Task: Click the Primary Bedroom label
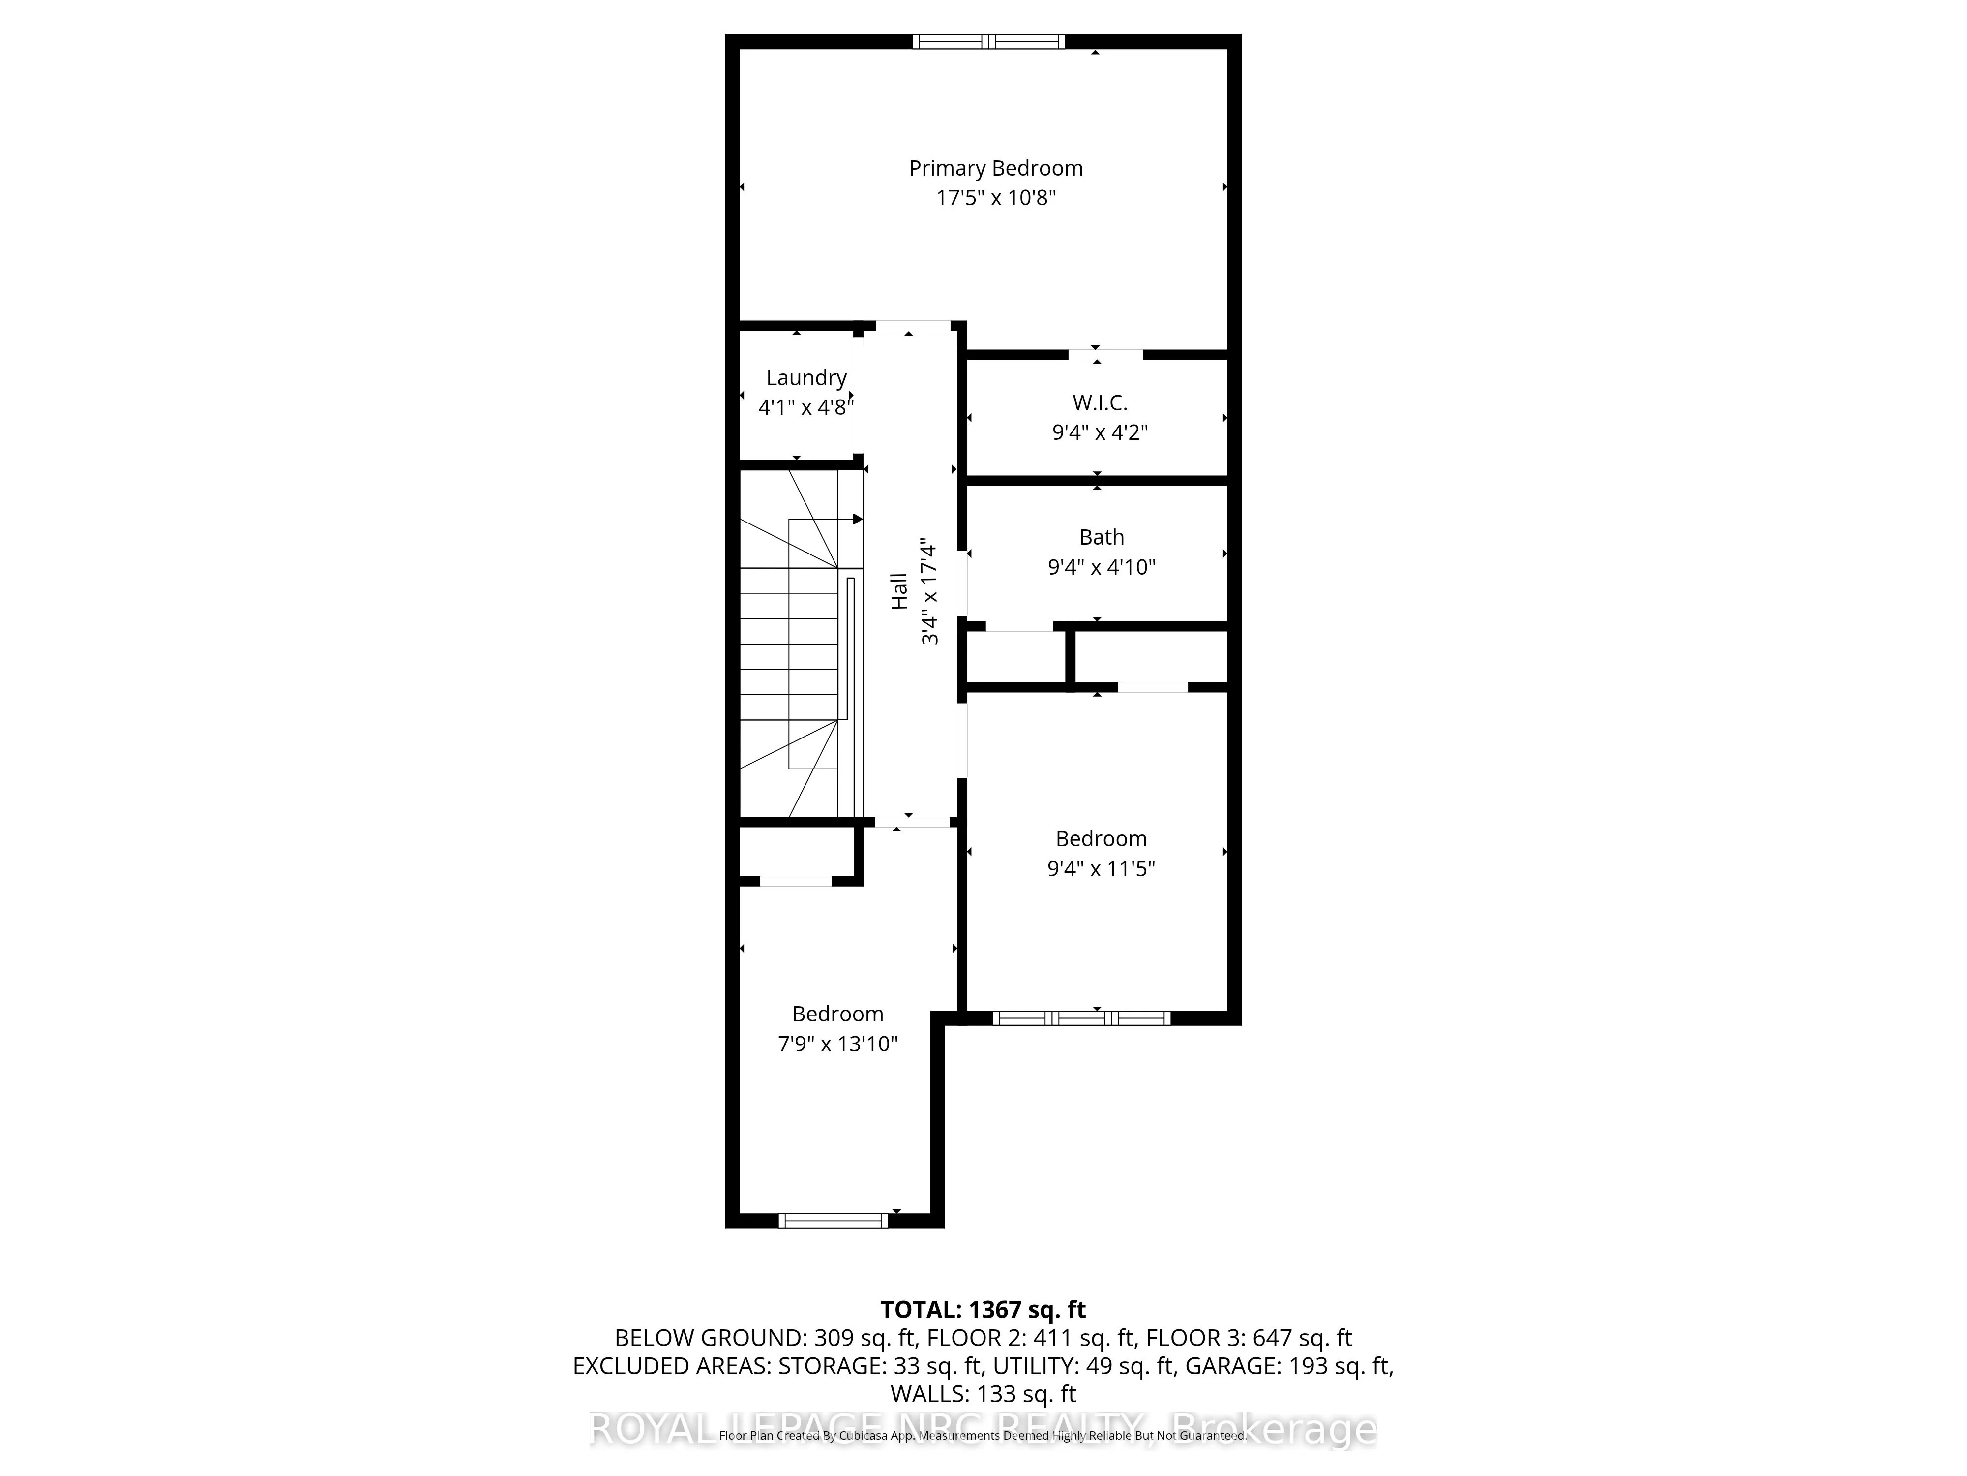tap(995, 168)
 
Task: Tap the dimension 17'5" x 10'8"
tap(995, 197)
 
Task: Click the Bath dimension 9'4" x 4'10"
tap(1101, 567)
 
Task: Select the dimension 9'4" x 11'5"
tap(1101, 868)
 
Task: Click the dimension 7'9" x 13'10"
tap(837, 1044)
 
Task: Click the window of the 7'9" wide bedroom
tap(833, 1221)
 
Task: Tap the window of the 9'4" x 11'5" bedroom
tap(1080, 1018)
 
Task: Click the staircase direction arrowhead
tap(857, 519)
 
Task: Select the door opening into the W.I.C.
tap(1105, 354)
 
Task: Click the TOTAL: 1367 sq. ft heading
tap(983, 1310)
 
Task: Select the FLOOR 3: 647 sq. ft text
tap(1249, 1338)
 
